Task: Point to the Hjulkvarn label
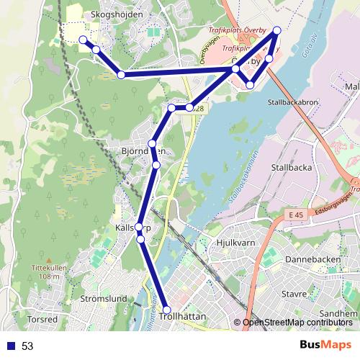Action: (236, 243)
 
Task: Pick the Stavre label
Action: (294, 294)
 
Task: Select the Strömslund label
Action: (104, 298)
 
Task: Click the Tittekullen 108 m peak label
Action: (49, 271)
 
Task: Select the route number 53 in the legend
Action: (27, 346)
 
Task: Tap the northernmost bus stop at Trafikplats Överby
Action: (276, 31)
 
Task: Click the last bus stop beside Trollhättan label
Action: (166, 310)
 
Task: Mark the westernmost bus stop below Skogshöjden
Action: (83, 40)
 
